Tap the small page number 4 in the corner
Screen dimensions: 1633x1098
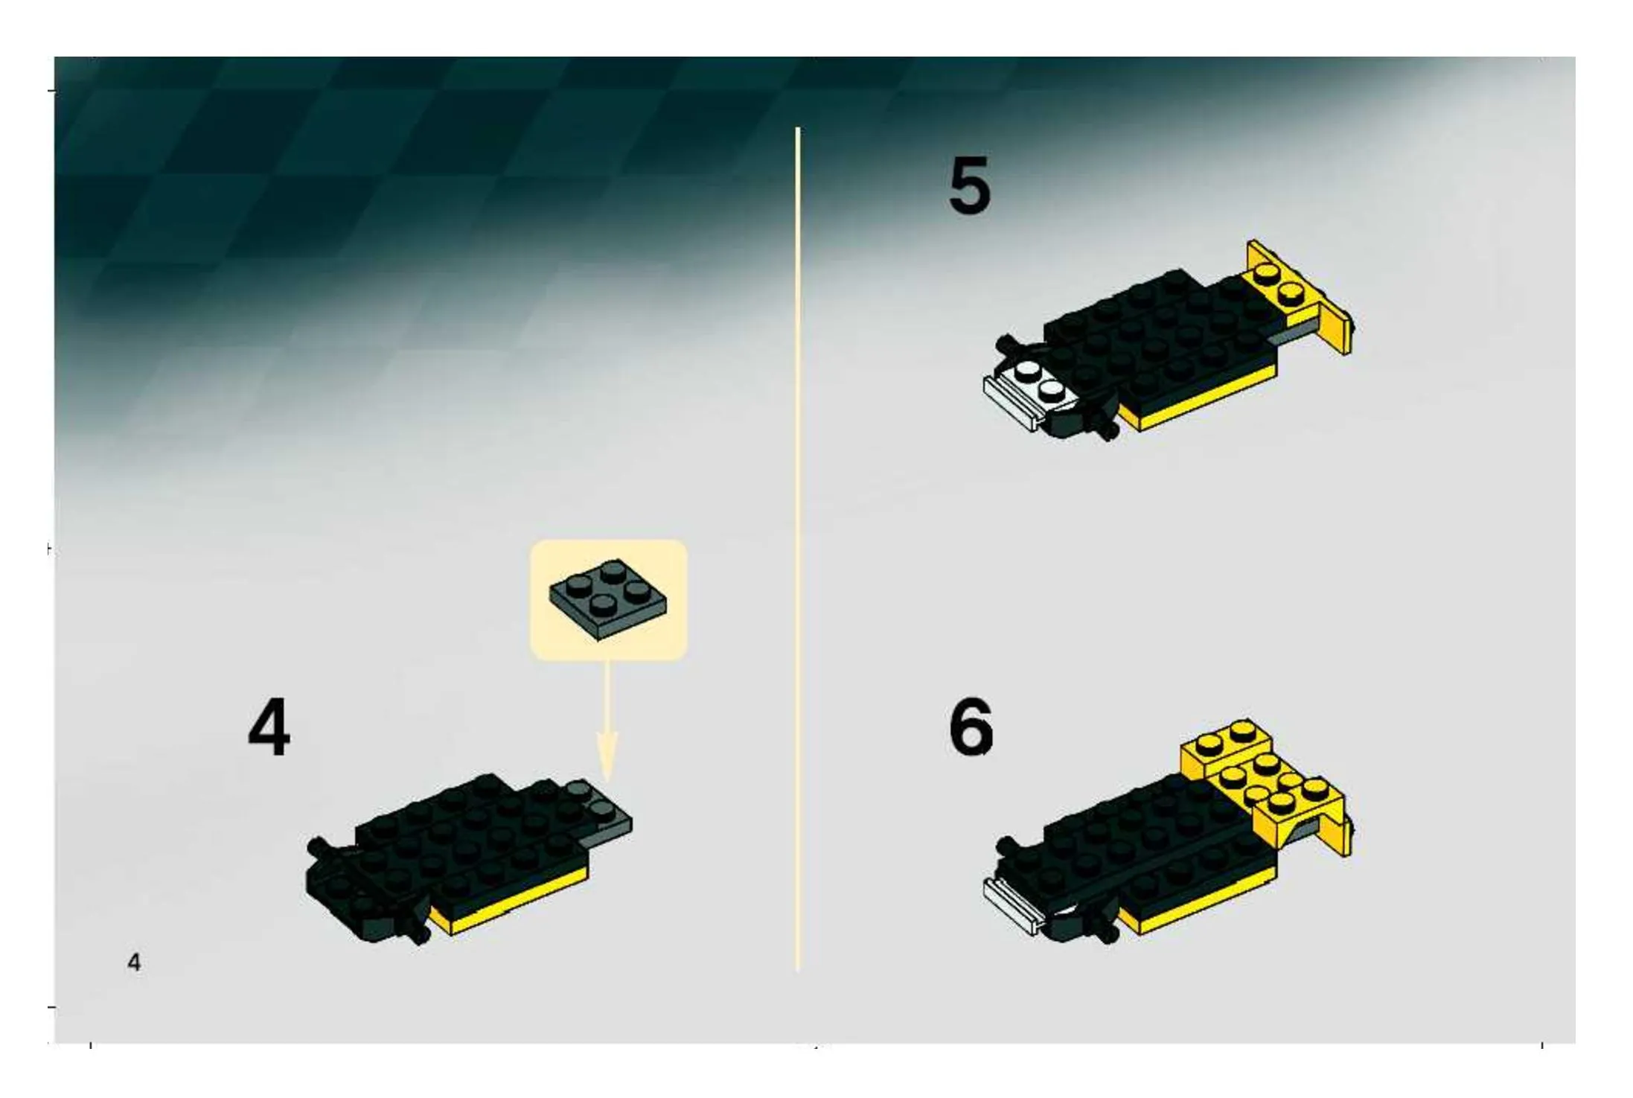[x=134, y=962]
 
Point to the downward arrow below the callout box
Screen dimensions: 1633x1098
[x=607, y=722]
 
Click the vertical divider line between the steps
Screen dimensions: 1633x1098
[x=797, y=549]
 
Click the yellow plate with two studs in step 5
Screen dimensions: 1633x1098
[x=1276, y=287]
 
